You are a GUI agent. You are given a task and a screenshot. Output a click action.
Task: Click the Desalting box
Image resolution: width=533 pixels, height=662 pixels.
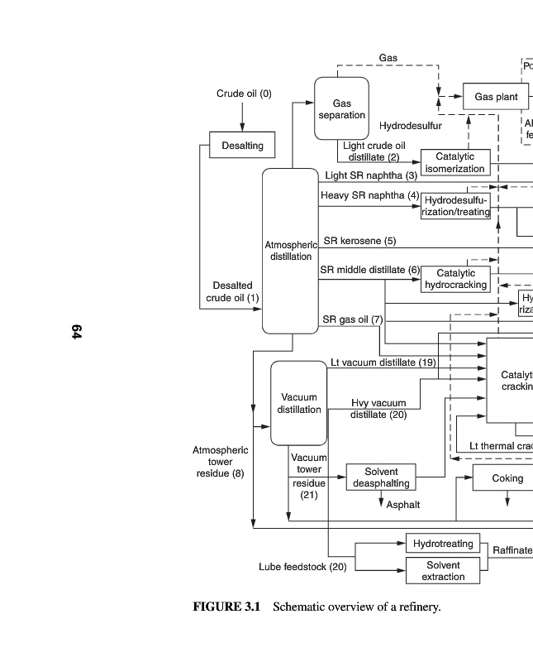pos(242,146)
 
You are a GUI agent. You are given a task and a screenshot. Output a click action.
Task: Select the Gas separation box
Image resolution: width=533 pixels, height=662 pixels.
pos(341,108)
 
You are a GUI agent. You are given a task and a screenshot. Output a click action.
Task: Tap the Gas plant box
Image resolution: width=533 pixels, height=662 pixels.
pos(496,98)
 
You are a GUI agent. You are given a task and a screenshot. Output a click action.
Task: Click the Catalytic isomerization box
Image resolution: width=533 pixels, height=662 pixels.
pos(454,162)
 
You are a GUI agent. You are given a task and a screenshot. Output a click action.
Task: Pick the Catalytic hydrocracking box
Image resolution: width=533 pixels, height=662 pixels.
pos(455,279)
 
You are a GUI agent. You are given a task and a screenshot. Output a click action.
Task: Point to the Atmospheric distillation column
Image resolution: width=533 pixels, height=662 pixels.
pos(290,251)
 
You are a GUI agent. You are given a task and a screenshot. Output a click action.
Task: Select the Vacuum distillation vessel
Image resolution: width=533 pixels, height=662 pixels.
pos(298,403)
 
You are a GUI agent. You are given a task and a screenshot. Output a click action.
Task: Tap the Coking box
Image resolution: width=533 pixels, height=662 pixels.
pos(507,478)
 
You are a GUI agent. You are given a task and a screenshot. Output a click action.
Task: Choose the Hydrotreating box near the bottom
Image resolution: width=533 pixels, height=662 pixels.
pos(443,544)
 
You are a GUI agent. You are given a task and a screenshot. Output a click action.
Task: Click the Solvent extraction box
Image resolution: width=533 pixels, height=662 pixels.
pos(443,570)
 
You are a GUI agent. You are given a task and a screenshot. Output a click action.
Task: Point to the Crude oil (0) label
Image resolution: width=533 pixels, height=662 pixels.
pos(244,94)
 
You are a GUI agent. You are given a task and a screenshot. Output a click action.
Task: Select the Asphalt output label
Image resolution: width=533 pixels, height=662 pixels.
pos(403,505)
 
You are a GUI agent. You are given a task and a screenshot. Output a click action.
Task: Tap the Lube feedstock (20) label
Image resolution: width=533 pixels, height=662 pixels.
pos(302,567)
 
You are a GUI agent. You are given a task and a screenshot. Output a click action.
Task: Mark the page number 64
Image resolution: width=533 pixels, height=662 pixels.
pos(76,332)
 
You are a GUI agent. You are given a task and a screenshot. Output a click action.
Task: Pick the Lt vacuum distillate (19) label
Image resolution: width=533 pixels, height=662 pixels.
pos(383,362)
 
